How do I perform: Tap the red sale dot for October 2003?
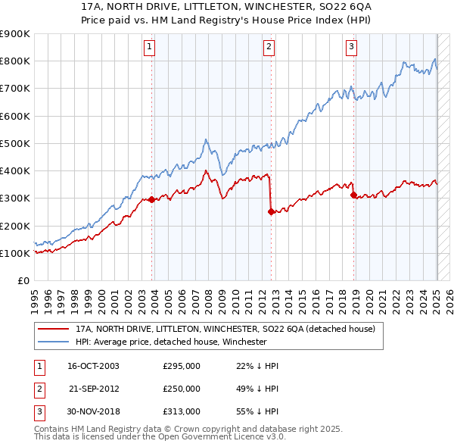(x=152, y=200)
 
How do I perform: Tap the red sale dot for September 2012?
(x=271, y=212)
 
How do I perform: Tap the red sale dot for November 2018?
(x=353, y=195)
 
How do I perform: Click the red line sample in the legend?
(x=54, y=329)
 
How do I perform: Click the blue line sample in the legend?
(x=54, y=342)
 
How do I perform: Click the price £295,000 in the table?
(x=182, y=366)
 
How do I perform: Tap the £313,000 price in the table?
(x=182, y=411)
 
